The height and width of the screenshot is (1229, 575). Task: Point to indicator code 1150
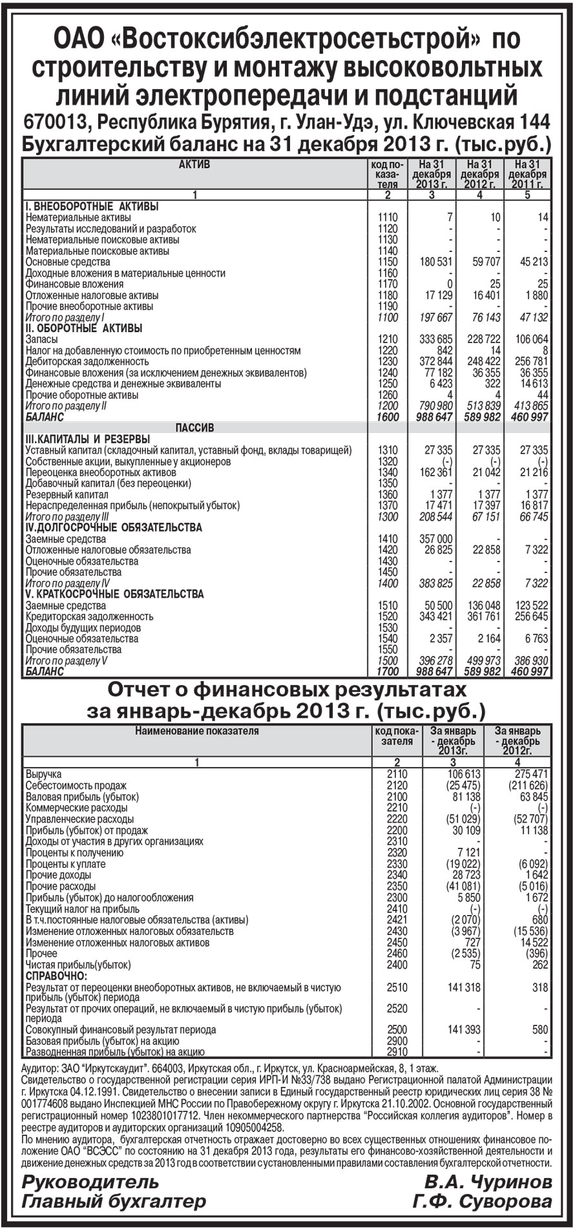point(388,262)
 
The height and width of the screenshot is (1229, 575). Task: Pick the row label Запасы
point(41,339)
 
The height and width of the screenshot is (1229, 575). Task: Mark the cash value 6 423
point(439,384)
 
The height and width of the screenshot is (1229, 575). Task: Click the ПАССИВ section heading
point(194,428)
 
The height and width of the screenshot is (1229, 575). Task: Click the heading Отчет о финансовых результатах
point(286,690)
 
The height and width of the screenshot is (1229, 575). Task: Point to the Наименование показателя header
point(197,731)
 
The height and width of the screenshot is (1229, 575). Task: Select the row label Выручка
point(43,774)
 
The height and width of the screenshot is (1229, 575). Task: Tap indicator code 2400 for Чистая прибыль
point(397,965)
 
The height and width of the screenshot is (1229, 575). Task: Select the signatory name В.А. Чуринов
point(488,1182)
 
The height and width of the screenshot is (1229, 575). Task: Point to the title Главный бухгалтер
point(114,1202)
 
